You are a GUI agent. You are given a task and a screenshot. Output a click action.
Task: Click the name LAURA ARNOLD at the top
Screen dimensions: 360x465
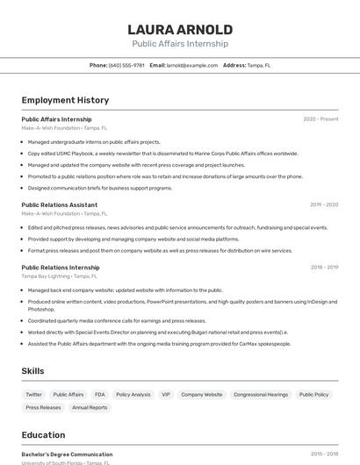(x=180, y=30)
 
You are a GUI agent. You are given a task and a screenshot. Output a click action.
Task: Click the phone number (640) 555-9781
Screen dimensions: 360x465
(x=126, y=65)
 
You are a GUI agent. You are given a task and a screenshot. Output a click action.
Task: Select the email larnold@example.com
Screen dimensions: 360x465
(x=192, y=65)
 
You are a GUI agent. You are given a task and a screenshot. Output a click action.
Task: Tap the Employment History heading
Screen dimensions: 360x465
(x=65, y=101)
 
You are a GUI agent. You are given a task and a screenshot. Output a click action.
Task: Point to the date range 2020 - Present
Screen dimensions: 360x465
(x=320, y=119)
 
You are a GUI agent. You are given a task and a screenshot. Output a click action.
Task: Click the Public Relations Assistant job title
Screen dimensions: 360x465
(x=59, y=204)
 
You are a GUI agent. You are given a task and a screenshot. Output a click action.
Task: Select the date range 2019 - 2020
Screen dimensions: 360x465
(x=324, y=204)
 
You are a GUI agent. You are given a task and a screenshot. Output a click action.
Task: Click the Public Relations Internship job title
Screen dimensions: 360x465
(x=61, y=267)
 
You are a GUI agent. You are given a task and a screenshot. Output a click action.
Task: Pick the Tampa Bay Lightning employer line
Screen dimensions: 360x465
(x=57, y=276)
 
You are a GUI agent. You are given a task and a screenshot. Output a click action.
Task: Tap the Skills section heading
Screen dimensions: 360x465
(x=32, y=371)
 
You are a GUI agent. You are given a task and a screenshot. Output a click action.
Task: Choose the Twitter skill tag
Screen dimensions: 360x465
(x=34, y=395)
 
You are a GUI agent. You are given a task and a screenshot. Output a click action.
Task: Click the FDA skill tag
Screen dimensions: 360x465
(x=100, y=395)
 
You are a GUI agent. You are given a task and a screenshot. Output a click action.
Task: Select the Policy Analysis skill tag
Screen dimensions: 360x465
(x=133, y=395)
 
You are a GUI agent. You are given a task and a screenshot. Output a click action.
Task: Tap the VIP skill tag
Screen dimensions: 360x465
(x=166, y=395)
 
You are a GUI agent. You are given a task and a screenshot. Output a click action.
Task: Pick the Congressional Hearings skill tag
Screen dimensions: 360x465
(x=261, y=395)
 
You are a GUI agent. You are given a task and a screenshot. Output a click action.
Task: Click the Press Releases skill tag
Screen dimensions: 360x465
(x=44, y=407)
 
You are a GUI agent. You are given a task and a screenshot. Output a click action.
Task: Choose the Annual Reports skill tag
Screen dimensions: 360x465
(x=90, y=407)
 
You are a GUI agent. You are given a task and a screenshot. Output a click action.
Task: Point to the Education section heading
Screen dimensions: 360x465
(x=43, y=435)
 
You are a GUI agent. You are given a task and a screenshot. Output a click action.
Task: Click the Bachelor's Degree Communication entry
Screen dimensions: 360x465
(x=67, y=454)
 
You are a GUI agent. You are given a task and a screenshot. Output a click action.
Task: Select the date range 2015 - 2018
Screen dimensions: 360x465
(x=324, y=454)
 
